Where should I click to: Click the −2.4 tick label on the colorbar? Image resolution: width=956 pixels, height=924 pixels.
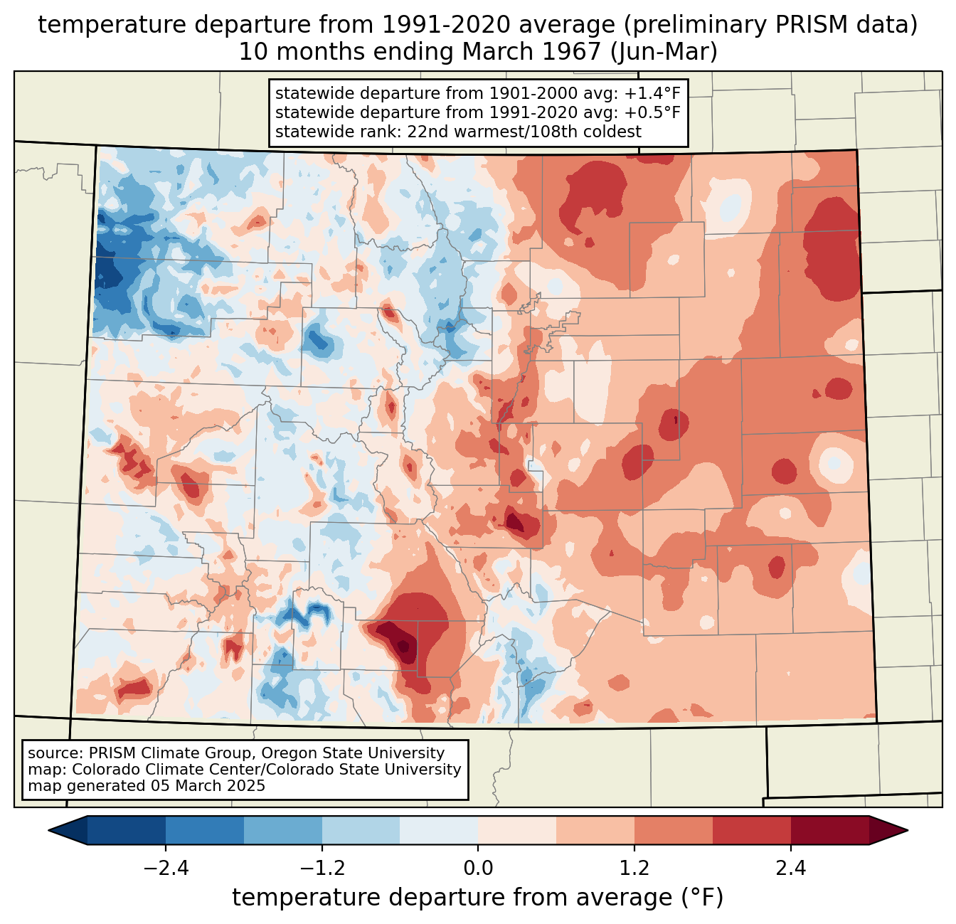[x=166, y=868]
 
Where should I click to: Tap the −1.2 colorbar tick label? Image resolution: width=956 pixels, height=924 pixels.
[x=322, y=868]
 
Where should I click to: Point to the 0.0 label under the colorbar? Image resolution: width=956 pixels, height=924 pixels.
[x=478, y=868]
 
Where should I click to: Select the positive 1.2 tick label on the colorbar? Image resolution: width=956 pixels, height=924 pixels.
[x=634, y=868]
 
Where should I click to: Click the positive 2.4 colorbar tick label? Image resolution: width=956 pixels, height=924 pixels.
[x=791, y=868]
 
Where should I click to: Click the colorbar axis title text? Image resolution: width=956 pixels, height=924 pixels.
[x=477, y=897]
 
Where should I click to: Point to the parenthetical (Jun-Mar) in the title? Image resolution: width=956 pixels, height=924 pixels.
[x=664, y=52]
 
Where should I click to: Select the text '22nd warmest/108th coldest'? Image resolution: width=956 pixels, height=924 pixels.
[x=524, y=132]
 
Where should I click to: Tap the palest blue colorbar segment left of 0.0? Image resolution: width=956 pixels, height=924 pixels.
[x=439, y=830]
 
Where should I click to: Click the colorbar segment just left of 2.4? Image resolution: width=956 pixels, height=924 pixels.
[x=752, y=830]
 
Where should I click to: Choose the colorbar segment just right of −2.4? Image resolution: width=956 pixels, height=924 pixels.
[x=204, y=830]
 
